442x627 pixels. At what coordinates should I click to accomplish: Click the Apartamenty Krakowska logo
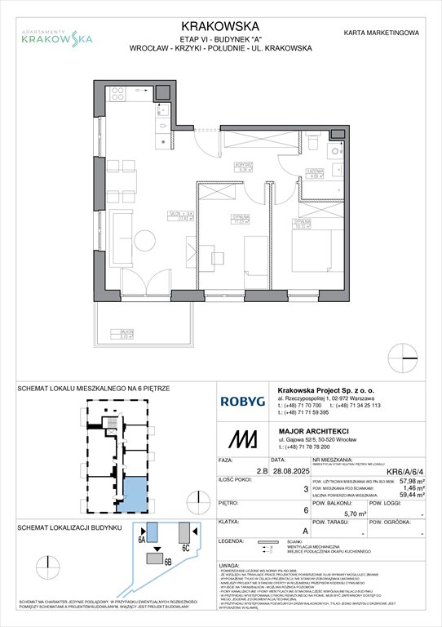tap(56, 33)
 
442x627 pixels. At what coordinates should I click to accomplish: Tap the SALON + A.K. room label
tap(179, 215)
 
